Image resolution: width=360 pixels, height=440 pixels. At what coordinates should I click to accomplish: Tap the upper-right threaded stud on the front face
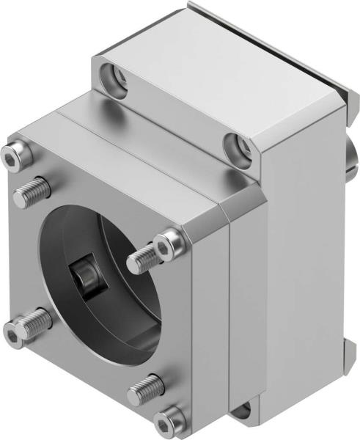point(144,256)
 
